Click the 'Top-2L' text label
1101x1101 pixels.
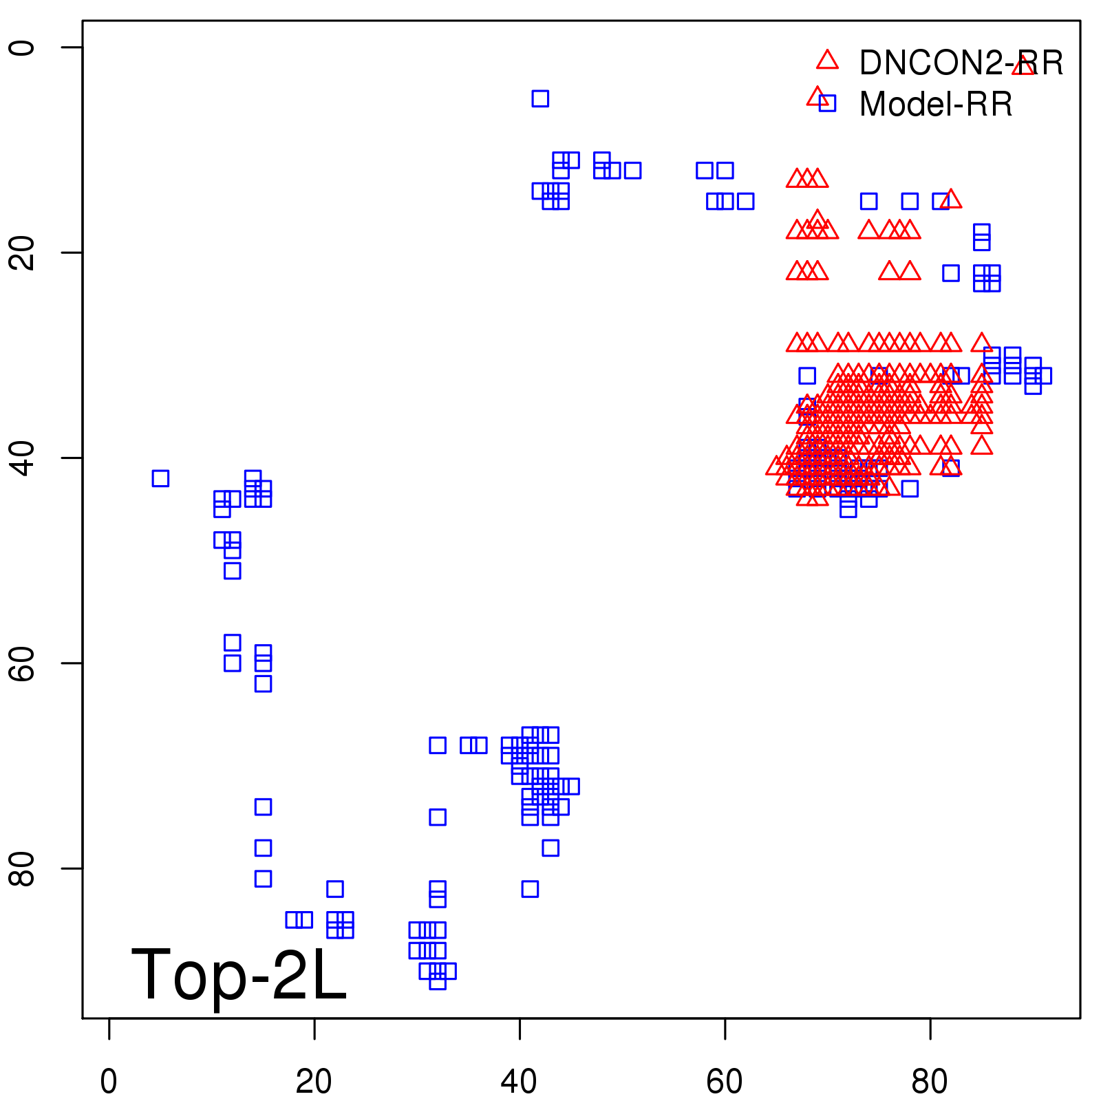pyautogui.click(x=239, y=974)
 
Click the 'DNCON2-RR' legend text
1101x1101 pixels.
pyautogui.click(x=961, y=63)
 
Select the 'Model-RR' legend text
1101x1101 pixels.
pyautogui.click(x=936, y=105)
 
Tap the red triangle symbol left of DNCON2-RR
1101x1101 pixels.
pyautogui.click(x=827, y=61)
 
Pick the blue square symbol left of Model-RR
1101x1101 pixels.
pyautogui.click(x=827, y=103)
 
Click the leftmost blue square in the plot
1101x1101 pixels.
pyautogui.click(x=160, y=478)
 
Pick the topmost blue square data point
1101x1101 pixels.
pyautogui.click(x=540, y=98)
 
